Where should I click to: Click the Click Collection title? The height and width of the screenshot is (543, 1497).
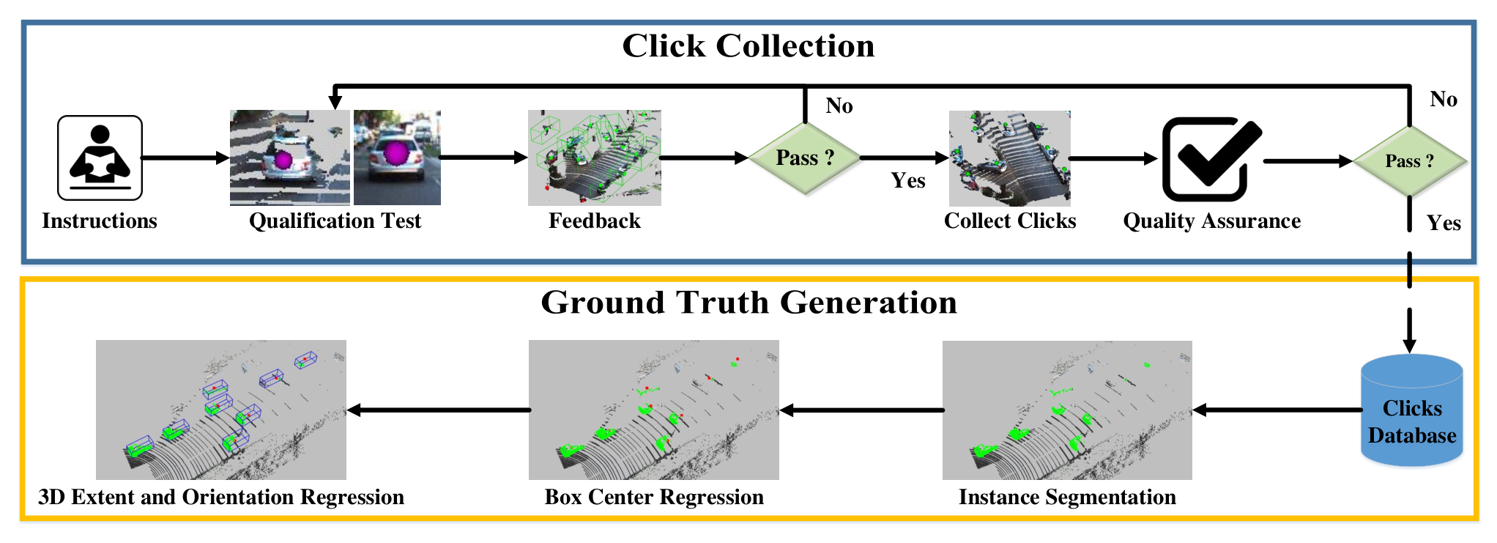tap(748, 46)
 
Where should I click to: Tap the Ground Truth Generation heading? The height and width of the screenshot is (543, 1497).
tap(748, 302)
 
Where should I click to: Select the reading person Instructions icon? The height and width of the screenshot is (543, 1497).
tap(100, 158)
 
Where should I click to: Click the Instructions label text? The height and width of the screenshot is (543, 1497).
tap(100, 221)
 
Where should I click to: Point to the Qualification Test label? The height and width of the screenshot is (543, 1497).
tap(335, 221)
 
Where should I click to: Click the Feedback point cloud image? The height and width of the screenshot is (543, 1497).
tap(595, 158)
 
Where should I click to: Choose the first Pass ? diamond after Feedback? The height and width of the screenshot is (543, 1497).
tap(804, 158)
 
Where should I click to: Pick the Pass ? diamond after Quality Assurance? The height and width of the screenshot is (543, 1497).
tap(1410, 161)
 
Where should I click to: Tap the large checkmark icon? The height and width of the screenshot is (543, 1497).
tap(1212, 159)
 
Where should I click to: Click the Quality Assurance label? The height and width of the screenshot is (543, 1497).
tap(1212, 221)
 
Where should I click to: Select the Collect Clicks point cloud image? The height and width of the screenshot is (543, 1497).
tap(1010, 158)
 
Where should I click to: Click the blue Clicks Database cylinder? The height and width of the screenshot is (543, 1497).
tap(1412, 410)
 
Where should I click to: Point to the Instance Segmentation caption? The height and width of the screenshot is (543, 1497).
tap(1067, 498)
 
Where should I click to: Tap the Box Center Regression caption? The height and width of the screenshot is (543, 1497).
tap(654, 498)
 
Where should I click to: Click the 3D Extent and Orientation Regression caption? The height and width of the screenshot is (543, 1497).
tap(221, 498)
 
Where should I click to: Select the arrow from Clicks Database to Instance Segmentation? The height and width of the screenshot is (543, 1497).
tap(1277, 410)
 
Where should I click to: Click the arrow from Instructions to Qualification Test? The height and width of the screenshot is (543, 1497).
tap(185, 158)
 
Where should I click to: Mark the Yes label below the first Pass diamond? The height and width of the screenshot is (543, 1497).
tap(908, 181)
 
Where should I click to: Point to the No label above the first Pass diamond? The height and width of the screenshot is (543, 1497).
tap(839, 106)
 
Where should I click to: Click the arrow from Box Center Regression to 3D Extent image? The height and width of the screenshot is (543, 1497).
tap(439, 410)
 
